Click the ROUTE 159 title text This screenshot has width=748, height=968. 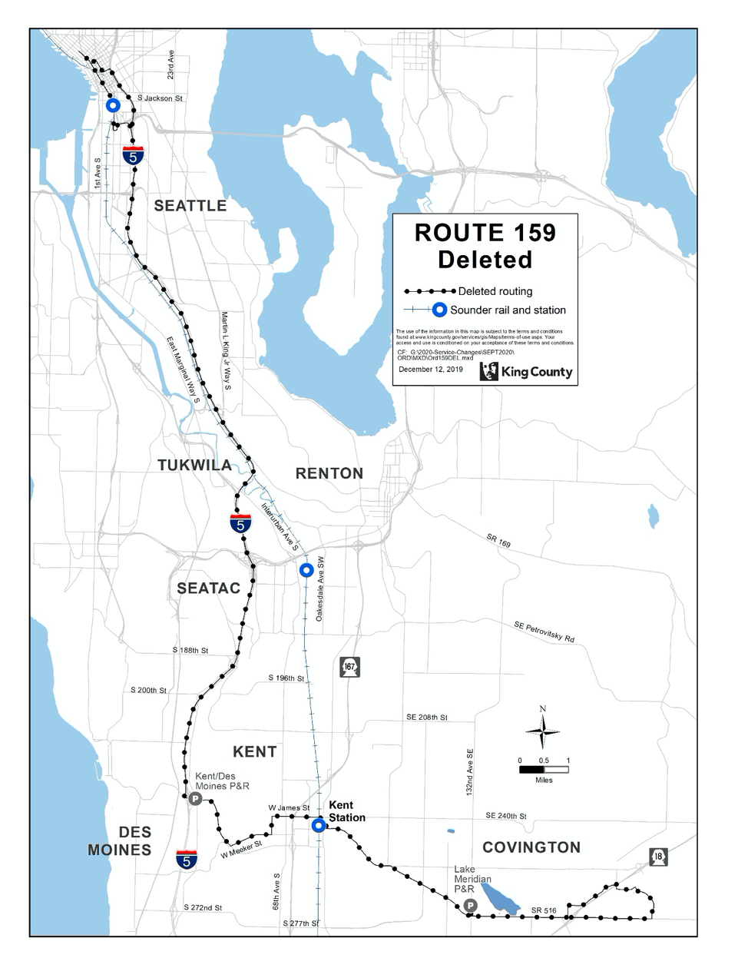(x=485, y=233)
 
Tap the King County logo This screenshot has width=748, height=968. (x=526, y=372)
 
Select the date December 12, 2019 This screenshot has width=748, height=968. (x=431, y=370)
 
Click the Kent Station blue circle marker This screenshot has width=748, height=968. (x=318, y=826)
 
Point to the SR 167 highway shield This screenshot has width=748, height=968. (x=349, y=667)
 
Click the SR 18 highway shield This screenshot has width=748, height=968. (x=657, y=857)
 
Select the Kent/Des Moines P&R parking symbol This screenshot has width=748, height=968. (x=195, y=799)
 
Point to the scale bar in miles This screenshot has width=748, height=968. (x=544, y=769)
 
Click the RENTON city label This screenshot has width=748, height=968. (x=329, y=473)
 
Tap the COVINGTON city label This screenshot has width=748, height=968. (x=531, y=847)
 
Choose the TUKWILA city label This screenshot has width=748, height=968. (x=194, y=465)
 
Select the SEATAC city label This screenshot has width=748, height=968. (x=208, y=588)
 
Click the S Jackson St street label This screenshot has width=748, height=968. (x=160, y=98)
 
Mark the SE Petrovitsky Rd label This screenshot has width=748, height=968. (x=544, y=632)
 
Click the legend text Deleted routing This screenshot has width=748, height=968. (x=495, y=291)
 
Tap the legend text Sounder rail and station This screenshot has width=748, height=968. (x=508, y=310)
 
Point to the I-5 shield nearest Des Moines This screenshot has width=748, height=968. (x=187, y=859)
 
